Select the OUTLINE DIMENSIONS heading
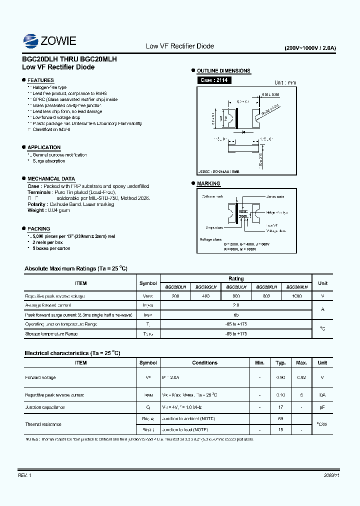click(x=223, y=71)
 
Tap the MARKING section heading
click(x=208, y=183)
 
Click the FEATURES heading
click(x=40, y=80)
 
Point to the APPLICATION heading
click(x=44, y=147)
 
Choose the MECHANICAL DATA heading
click(x=51, y=178)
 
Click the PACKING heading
click(x=38, y=228)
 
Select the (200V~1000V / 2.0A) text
click(x=310, y=48)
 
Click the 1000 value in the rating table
click(x=297, y=296)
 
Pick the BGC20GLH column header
click(x=205, y=287)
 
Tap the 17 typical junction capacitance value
click(x=281, y=407)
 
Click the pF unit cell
click(x=322, y=407)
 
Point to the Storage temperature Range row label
click(x=51, y=333)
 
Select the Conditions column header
click(x=204, y=363)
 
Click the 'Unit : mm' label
click(x=285, y=83)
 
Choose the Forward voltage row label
click(x=40, y=377)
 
